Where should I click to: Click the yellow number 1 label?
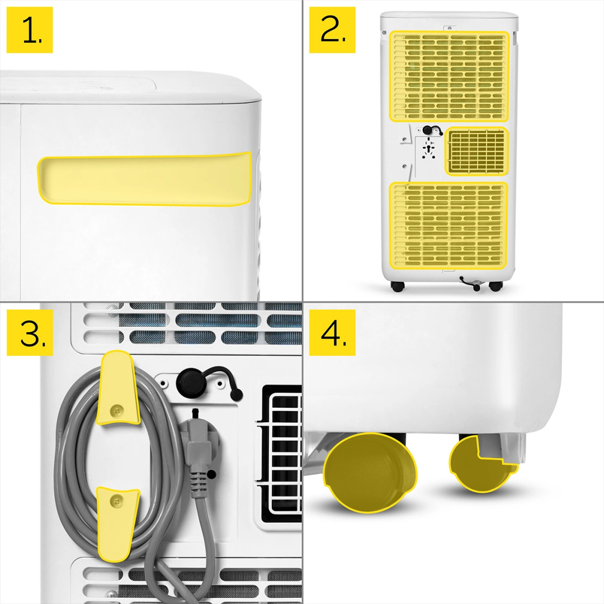click(x=30, y=30)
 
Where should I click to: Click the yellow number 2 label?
click(x=332, y=30)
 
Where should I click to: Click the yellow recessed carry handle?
click(x=144, y=179)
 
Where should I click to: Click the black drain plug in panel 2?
click(x=429, y=130)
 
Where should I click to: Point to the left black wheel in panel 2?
click(x=398, y=286)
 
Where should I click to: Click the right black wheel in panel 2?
click(x=496, y=286)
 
